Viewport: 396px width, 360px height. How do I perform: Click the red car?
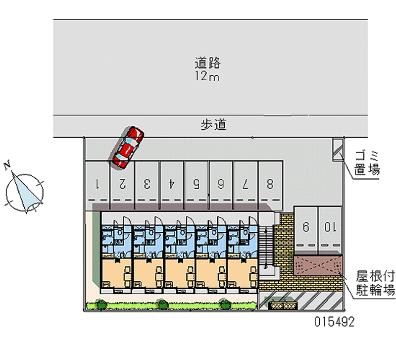click(x=127, y=147)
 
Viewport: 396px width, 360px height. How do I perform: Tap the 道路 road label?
click(x=207, y=63)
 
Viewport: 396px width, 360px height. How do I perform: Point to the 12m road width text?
click(x=207, y=77)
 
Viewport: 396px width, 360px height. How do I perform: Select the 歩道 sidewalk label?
click(x=213, y=125)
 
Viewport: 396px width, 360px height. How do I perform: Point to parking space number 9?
click(x=306, y=227)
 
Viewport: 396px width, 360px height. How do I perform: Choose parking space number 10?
click(x=330, y=227)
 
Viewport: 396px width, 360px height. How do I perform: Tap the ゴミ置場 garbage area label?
click(x=367, y=163)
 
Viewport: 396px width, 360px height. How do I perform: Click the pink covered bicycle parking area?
click(x=317, y=265)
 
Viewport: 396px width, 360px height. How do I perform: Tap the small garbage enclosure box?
click(x=337, y=150)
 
